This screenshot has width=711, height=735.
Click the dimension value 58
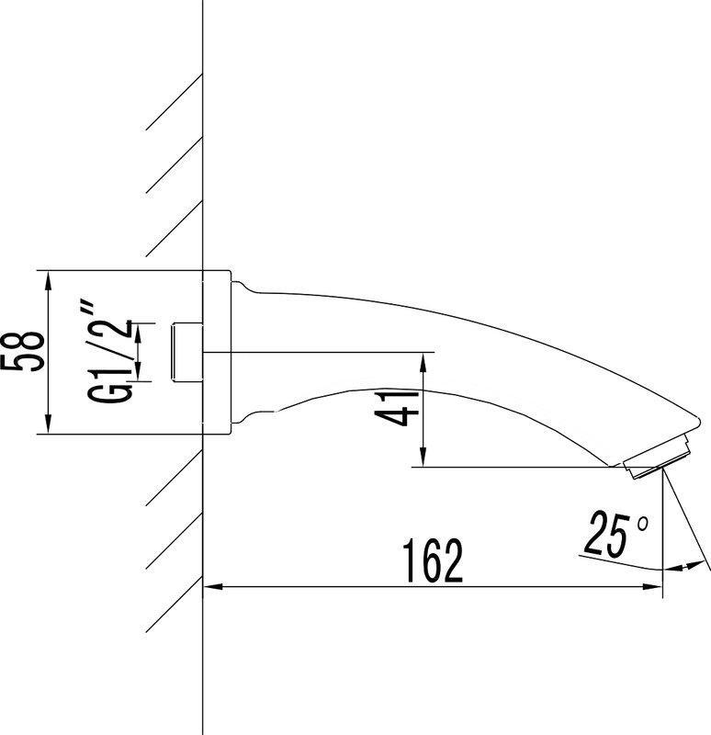pos(24,351)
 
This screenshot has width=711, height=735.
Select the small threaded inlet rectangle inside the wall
pos(187,351)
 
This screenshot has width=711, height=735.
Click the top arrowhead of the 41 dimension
pos(423,358)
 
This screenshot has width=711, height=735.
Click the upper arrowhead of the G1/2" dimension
pos(137,328)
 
